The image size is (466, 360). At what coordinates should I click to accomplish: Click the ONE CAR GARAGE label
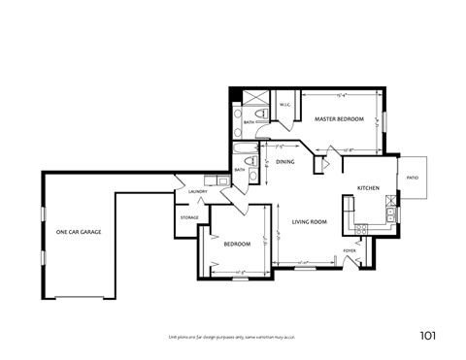[x=79, y=232]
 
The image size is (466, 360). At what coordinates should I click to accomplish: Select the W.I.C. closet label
[x=286, y=105]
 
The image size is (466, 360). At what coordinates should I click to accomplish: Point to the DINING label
[x=284, y=162]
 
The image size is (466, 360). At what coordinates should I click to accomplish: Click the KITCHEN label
[x=368, y=187]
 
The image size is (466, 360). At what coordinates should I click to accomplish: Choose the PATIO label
[x=412, y=178]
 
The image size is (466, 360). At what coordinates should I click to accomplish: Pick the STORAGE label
[x=188, y=217]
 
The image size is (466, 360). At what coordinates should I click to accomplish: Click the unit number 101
[x=427, y=336]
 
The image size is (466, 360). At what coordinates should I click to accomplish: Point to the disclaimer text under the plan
[x=232, y=337]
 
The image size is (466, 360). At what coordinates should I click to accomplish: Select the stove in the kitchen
[x=361, y=229]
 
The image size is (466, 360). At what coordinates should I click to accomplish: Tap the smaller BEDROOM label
[x=237, y=244]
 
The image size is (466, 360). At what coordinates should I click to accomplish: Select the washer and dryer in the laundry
[x=210, y=180]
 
